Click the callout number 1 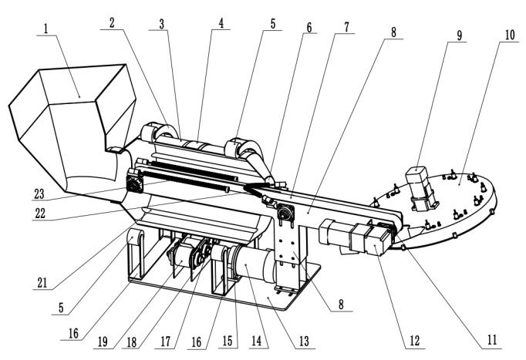point(46,29)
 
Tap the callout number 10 point(510,35)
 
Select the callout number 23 point(39,193)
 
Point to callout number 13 point(304,341)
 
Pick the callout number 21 point(42,283)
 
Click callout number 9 point(459,35)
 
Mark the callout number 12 point(415,341)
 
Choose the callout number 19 point(103,341)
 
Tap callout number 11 point(492,340)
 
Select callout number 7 point(347,27)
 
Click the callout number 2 point(112,22)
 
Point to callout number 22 point(40,214)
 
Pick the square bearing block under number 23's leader point(135,183)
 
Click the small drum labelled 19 point(181,260)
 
